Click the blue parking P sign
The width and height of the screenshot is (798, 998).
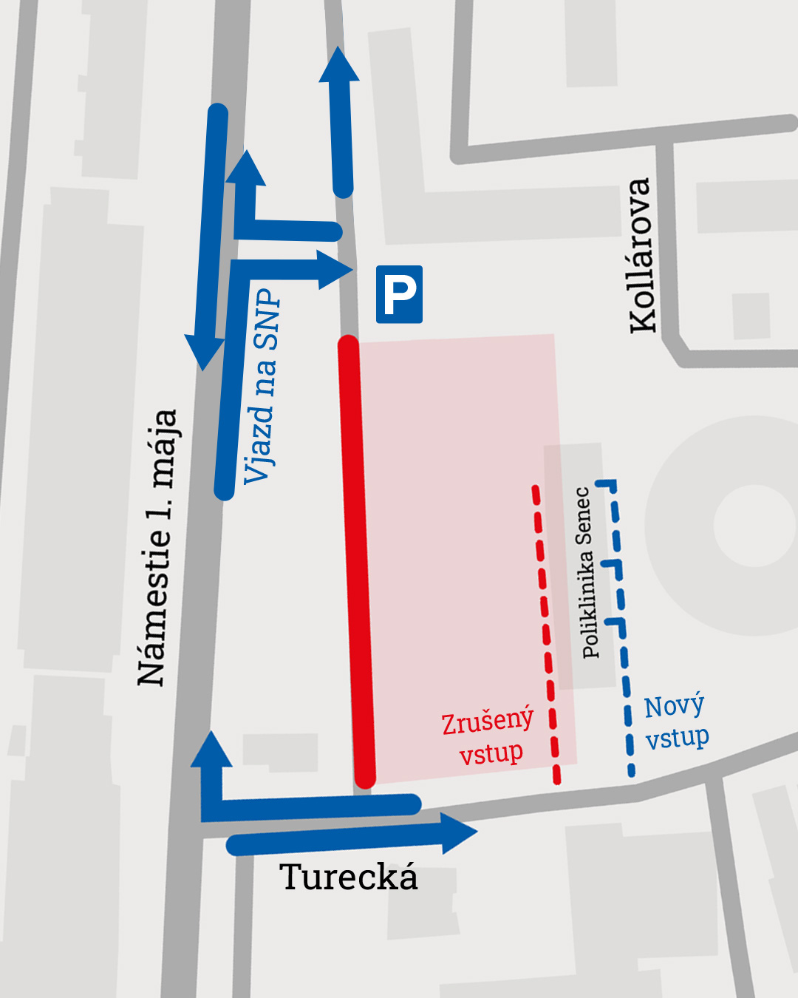[x=399, y=294]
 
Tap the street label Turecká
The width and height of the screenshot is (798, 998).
[x=349, y=878]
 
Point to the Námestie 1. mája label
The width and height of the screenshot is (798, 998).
[x=158, y=547]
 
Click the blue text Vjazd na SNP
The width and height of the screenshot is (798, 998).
[x=263, y=386]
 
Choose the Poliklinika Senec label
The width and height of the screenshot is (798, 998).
[x=586, y=572]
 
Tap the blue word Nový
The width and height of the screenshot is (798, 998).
[x=674, y=707]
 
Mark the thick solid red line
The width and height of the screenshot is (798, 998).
[x=356, y=562]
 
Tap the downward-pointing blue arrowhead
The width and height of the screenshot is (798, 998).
[x=204, y=353]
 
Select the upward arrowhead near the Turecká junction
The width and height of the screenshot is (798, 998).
[x=211, y=750]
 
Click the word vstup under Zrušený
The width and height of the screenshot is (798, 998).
[x=491, y=753]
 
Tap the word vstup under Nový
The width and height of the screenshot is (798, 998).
[x=677, y=738]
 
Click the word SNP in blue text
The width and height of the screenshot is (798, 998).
[x=266, y=319]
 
